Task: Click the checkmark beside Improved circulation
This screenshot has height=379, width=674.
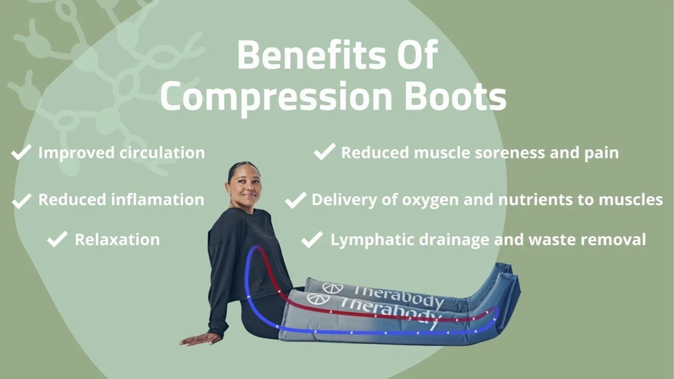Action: pos(22,153)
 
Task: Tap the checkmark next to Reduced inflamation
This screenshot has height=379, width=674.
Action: pos(22,200)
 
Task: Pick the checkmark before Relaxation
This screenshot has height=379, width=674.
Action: pos(57,240)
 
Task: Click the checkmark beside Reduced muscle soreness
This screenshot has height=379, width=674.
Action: pos(324,153)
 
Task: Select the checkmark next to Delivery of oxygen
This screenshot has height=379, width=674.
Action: pos(295,200)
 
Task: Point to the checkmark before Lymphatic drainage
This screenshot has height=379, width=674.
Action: pos(312,240)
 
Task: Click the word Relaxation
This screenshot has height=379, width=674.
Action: pos(117,240)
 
